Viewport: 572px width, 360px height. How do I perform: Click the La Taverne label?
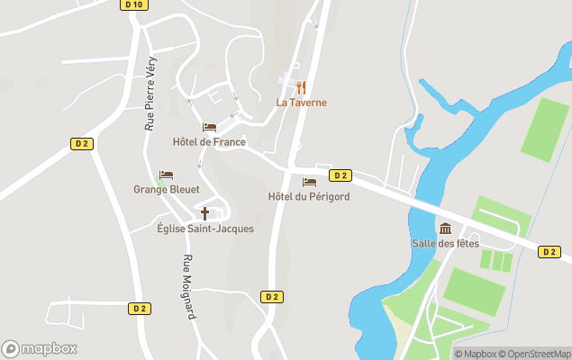pyautogui.click(x=301, y=103)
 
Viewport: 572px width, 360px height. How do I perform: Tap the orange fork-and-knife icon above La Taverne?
pyautogui.click(x=301, y=87)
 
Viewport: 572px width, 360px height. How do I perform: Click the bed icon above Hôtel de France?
pyautogui.click(x=209, y=128)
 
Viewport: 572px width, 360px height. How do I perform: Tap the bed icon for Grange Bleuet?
pyautogui.click(x=166, y=175)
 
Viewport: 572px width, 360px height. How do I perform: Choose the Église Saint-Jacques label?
pyautogui.click(x=204, y=229)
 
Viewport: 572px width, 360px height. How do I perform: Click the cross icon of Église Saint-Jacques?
pyautogui.click(x=204, y=213)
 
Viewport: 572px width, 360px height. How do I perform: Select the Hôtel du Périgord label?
pyautogui.click(x=309, y=196)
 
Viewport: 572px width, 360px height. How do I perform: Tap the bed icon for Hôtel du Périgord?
pyautogui.click(x=309, y=182)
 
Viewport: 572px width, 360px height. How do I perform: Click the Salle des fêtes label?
pyautogui.click(x=445, y=243)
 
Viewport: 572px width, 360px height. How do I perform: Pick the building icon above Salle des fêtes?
pyautogui.click(x=445, y=228)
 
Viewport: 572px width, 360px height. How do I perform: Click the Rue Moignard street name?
pyautogui.click(x=188, y=287)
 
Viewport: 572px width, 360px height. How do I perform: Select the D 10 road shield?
pyautogui.click(x=133, y=4)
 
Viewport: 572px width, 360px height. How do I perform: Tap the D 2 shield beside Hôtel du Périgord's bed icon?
pyautogui.click(x=340, y=175)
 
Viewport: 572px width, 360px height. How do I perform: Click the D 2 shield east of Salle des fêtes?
pyautogui.click(x=549, y=251)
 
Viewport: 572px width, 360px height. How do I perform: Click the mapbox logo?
pyautogui.click(x=39, y=348)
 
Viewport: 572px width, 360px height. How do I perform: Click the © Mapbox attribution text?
pyautogui.click(x=476, y=354)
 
